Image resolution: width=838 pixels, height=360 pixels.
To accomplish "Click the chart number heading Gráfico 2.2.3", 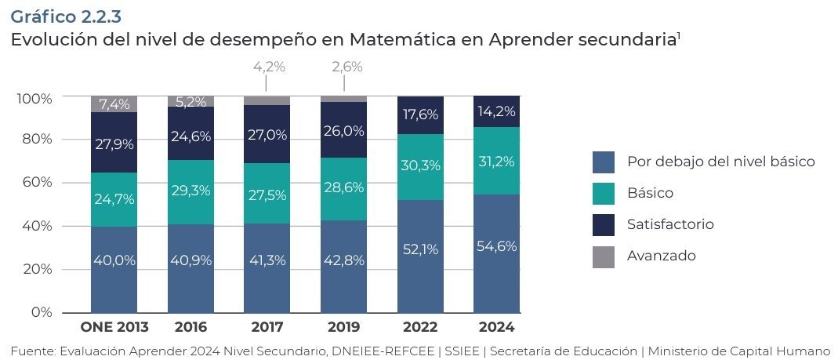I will point(66,15).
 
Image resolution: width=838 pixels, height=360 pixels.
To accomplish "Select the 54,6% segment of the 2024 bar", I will point(495,246).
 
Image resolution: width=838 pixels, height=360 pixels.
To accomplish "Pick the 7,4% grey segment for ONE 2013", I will point(114,104).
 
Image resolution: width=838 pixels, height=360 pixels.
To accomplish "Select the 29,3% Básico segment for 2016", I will point(190,191).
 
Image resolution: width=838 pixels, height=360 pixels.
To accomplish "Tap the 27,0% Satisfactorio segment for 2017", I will point(267,134).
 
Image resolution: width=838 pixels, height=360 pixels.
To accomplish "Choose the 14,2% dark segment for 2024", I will point(495,111).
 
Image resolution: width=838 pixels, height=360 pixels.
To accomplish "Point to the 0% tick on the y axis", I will point(40,312).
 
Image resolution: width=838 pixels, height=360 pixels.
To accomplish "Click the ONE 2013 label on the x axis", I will point(114,326).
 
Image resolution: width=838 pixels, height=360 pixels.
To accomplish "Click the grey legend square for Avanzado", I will point(604,256).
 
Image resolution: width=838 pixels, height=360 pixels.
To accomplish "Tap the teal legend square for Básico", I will point(604,194).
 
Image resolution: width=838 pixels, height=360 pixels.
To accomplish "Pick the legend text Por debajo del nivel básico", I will point(721,162).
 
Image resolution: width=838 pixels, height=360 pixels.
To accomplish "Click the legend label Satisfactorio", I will point(670,224).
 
